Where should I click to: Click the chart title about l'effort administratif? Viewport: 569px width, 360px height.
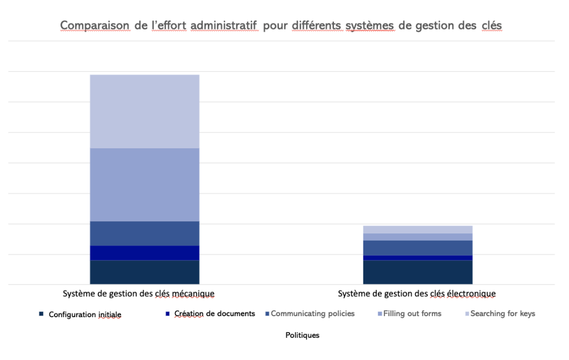pyautogui.click(x=281, y=26)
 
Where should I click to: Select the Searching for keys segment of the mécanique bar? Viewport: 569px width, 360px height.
pyautogui.click(x=144, y=111)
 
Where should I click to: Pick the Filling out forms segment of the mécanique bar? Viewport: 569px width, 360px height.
pyautogui.click(x=144, y=184)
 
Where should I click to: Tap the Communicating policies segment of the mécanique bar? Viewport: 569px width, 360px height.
pyautogui.click(x=144, y=233)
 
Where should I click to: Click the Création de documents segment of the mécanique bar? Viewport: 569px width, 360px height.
pyautogui.click(x=144, y=253)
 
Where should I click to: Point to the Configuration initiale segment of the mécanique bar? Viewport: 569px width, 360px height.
pyautogui.click(x=144, y=272)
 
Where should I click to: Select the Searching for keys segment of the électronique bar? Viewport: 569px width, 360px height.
pyautogui.click(x=417, y=229)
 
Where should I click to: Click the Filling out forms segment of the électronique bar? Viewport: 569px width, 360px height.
pyautogui.click(x=417, y=237)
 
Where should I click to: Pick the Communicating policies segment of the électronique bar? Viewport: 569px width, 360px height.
pyautogui.click(x=417, y=248)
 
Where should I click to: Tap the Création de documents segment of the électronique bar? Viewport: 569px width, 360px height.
pyautogui.click(x=417, y=258)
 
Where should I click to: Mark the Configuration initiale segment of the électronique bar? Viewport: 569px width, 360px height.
pyautogui.click(x=417, y=272)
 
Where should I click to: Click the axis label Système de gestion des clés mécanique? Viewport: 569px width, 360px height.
pyautogui.click(x=138, y=293)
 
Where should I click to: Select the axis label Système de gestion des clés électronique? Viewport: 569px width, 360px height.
pyautogui.click(x=417, y=293)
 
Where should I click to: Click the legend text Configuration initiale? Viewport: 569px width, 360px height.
pyautogui.click(x=84, y=314)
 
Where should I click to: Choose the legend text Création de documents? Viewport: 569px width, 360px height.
pyautogui.click(x=214, y=314)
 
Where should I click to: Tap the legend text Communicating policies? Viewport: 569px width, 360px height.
pyautogui.click(x=312, y=314)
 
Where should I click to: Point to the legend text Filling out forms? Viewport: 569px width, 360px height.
pyautogui.click(x=412, y=314)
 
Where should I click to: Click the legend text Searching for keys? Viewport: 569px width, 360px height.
pyautogui.click(x=502, y=314)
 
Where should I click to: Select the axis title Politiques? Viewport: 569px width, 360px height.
pyautogui.click(x=302, y=336)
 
